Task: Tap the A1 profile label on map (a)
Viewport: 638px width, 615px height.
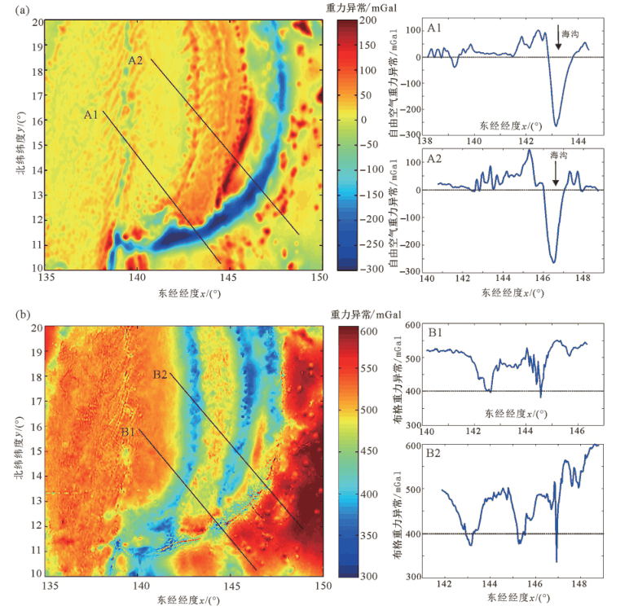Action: click(90, 115)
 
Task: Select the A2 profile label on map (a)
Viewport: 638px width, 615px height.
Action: click(135, 60)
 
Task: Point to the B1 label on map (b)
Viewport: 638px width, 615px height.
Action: click(128, 432)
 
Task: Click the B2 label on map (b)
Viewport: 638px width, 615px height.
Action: click(160, 376)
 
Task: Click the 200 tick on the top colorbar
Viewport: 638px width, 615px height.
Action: click(367, 19)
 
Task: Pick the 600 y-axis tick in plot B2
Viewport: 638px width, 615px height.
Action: click(412, 445)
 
